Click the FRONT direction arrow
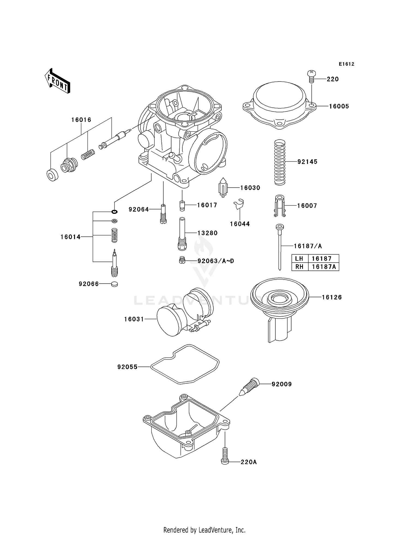point(58,81)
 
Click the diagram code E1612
point(346,64)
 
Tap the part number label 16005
point(339,106)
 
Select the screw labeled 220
point(312,76)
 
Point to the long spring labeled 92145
point(279,162)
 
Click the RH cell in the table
point(299,267)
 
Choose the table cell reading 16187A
point(324,267)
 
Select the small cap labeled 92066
point(115,284)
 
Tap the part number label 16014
point(70,237)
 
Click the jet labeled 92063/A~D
point(182,260)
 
